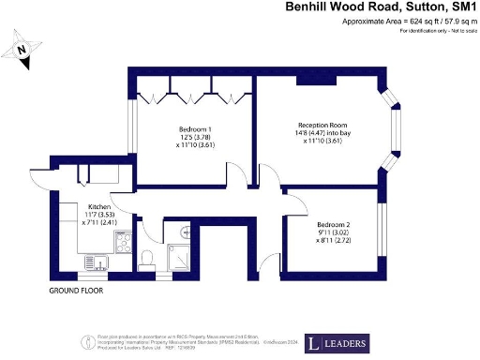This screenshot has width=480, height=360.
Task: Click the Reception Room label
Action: click(x=322, y=125)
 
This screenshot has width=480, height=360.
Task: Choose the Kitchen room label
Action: click(x=99, y=206)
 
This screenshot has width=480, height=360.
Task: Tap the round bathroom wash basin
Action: click(x=185, y=232)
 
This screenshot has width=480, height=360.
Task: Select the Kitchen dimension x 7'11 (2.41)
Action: click(x=99, y=223)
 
